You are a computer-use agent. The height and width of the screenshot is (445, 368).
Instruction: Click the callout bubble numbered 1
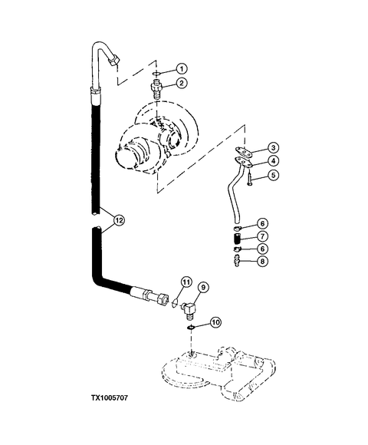coord(182,69)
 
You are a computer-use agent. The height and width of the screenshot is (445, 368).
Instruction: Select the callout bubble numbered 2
coord(182,83)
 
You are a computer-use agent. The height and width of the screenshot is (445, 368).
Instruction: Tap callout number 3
coord(273,147)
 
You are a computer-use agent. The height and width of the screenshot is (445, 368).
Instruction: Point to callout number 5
coord(273,175)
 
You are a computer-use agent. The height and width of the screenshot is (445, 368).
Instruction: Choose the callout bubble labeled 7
coord(262,236)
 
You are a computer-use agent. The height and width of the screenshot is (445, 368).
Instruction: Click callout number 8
coord(262,261)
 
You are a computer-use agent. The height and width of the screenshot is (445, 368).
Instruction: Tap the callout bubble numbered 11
coord(186,282)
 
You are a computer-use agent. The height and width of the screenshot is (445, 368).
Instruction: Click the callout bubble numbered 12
coord(119,220)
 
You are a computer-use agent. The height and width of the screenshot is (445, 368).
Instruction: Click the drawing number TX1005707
coord(110,397)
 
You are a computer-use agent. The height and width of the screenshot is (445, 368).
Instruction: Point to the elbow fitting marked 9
coord(189,310)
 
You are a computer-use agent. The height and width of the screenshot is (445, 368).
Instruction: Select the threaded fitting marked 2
coord(157,88)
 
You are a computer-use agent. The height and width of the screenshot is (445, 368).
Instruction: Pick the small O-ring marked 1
coord(156,74)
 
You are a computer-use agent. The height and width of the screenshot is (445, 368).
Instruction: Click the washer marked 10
coord(191,328)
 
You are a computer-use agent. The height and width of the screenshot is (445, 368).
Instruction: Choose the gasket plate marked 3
coord(244,152)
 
